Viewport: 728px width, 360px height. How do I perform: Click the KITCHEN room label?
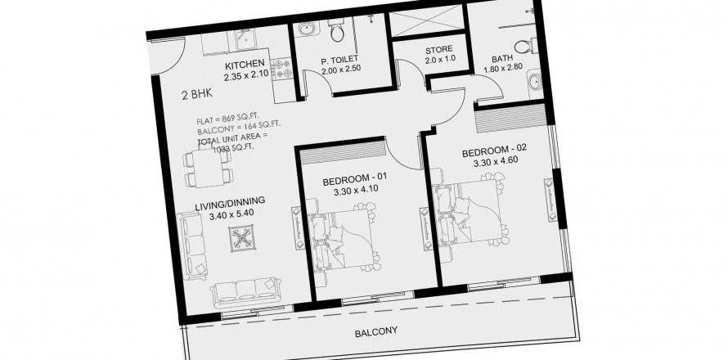[x=245, y=64]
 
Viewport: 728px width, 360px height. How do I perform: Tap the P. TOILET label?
[x=339, y=59]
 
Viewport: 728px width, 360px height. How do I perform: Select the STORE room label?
[x=438, y=49]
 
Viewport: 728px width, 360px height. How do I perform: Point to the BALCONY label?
[x=376, y=331]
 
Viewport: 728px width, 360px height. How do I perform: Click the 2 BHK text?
[x=197, y=94]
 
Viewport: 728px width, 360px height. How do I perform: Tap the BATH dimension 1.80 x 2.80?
[x=503, y=67]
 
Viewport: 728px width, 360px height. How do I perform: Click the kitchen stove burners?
[x=281, y=68]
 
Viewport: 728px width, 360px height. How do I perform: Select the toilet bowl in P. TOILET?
[x=335, y=30]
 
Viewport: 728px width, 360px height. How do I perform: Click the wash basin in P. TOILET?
[x=305, y=29]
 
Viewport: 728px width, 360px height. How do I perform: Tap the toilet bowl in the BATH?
[x=524, y=47]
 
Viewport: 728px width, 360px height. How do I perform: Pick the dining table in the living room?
[x=208, y=166]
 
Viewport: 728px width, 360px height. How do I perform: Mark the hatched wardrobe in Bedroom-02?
[x=510, y=118]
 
